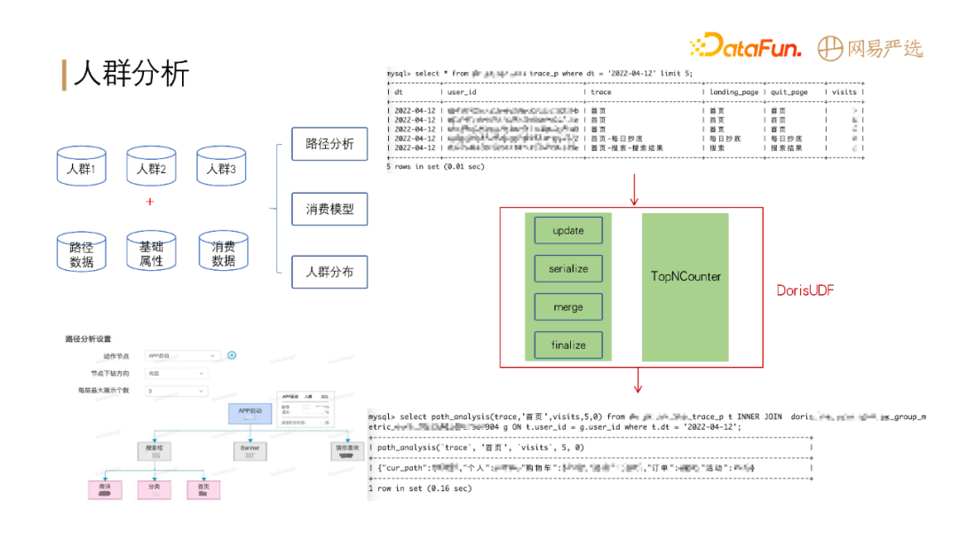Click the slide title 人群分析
pos(131,73)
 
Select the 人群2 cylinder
pos(151,167)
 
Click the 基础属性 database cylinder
pos(151,254)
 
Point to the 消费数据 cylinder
pos(223,253)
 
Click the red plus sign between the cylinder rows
pos(149,202)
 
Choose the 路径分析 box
pos(329,144)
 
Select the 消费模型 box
pos(329,210)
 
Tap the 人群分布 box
pos(329,272)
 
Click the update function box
pos(568,230)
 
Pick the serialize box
pos(568,268)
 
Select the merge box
pos(568,307)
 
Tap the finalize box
pos(568,345)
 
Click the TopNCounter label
pos(686,276)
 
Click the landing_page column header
pos(733,91)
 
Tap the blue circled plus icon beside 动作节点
pos(232,355)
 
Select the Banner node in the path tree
pos(250,449)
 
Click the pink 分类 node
pos(155,488)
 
